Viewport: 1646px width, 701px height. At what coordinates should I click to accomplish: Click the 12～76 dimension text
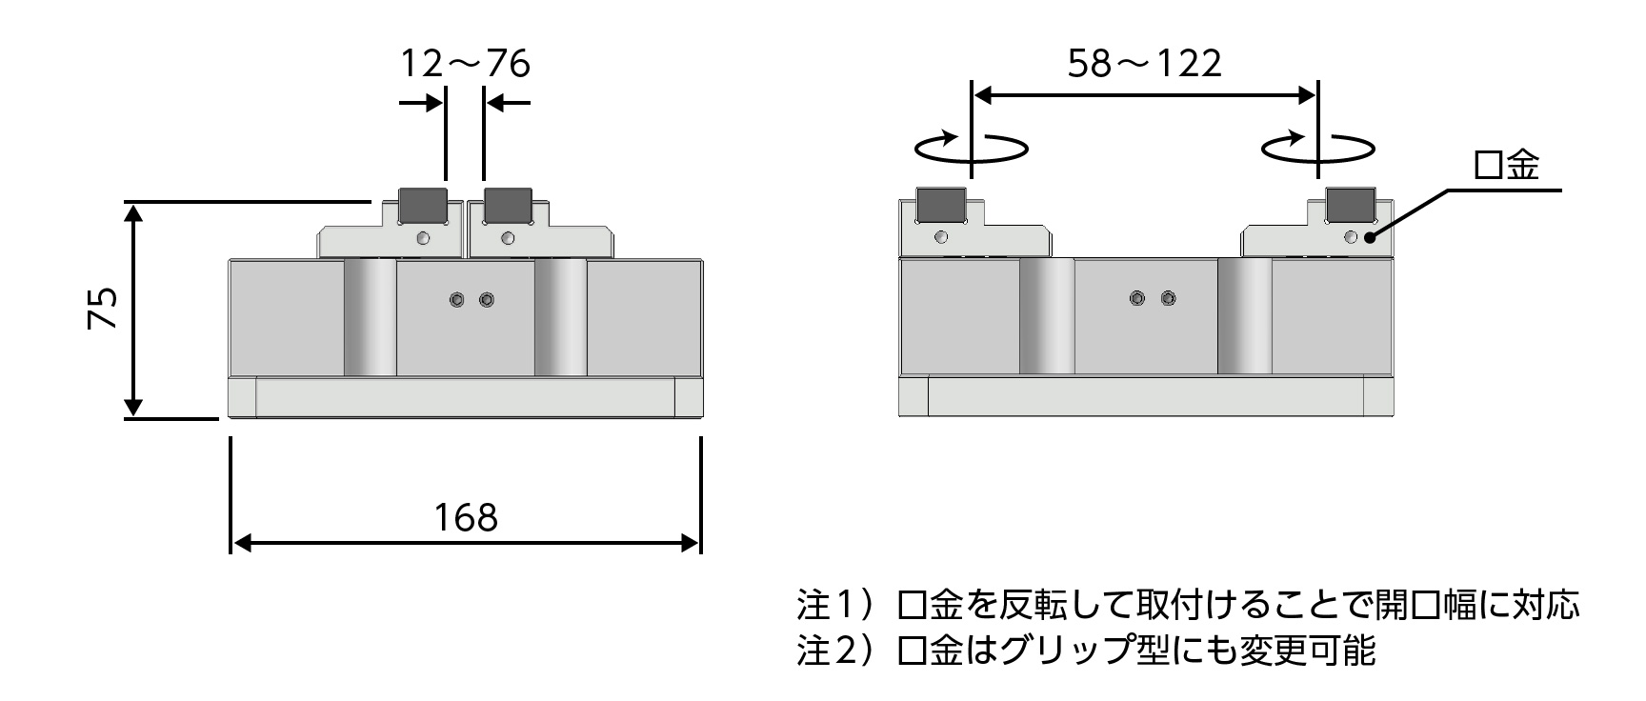coord(464,64)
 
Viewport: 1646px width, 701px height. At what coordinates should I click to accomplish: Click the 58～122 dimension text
coord(1144,64)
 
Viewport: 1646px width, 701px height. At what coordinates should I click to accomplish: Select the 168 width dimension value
coord(466,517)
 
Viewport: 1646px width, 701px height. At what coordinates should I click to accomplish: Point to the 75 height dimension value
coord(103,308)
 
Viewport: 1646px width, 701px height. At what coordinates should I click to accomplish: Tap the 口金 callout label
coord(1506,166)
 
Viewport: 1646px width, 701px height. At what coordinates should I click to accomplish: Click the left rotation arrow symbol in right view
coord(971,148)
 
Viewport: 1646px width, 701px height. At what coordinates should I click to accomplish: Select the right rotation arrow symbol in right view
coord(1317,148)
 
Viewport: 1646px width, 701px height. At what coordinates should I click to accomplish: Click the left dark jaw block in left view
coord(422,203)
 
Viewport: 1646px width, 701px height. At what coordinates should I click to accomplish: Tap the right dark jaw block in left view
coord(508,203)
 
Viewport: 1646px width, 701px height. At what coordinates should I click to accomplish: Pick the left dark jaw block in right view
coord(941,203)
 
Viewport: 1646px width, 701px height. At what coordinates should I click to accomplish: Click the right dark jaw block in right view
coord(1351,203)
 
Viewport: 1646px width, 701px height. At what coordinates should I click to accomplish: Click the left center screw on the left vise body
coord(457,300)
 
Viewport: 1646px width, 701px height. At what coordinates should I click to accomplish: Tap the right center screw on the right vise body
coord(1168,299)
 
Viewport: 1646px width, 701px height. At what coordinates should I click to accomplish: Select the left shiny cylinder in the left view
coord(371,317)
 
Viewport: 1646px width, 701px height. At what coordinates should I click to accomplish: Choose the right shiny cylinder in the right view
coord(1244,316)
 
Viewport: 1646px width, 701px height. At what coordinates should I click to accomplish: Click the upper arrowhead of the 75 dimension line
coord(134,212)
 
